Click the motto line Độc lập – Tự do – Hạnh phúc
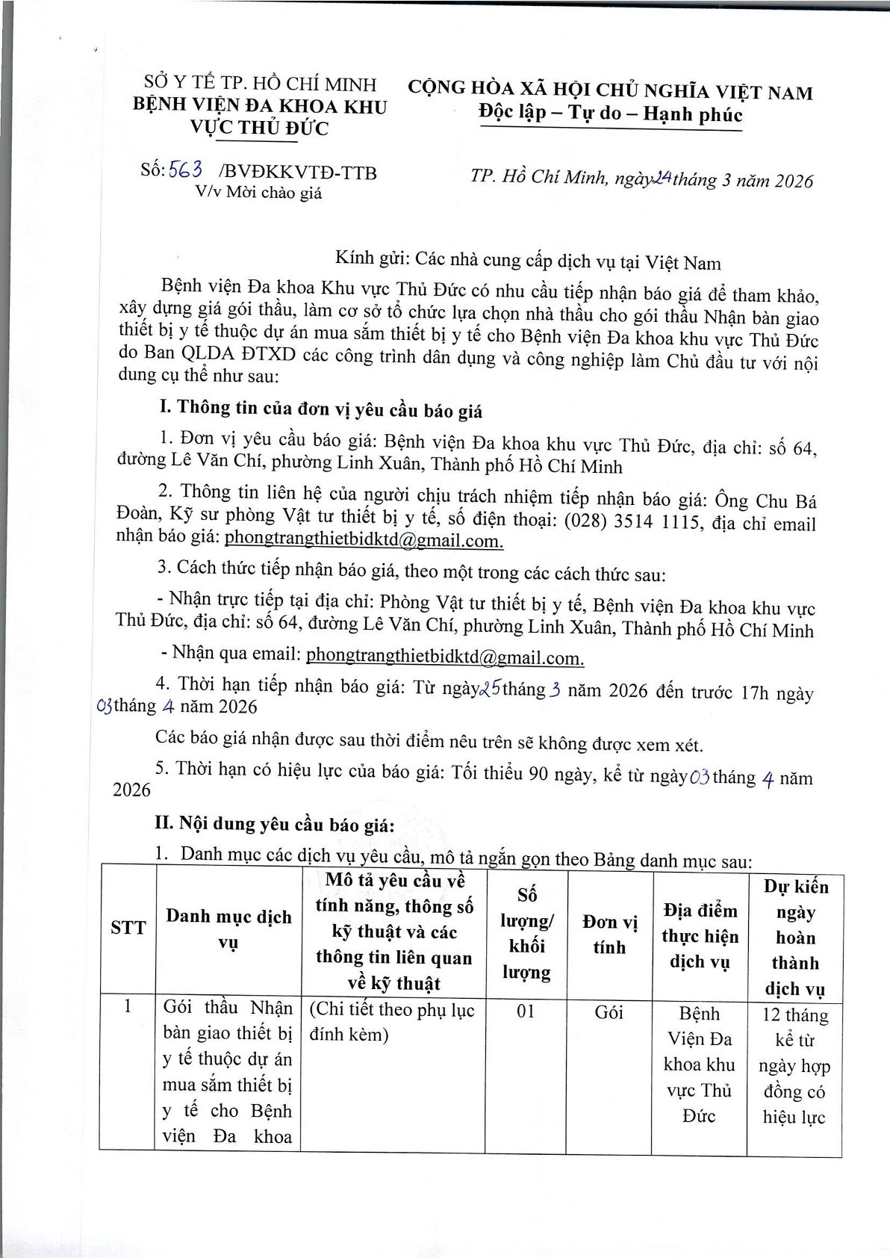tap(611, 114)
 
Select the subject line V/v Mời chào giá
tap(258, 193)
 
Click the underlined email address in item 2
tap(364, 539)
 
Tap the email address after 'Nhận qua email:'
tap(445, 657)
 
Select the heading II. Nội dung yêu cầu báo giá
tap(274, 824)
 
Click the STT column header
tap(128, 929)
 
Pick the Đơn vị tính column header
tap(609, 935)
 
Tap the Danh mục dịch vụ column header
tap(228, 929)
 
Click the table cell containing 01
tap(526, 1013)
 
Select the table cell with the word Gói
tap(609, 1013)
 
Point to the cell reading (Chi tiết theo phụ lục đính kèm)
tap(391, 1023)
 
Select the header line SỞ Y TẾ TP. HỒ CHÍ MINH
tap(260, 84)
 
